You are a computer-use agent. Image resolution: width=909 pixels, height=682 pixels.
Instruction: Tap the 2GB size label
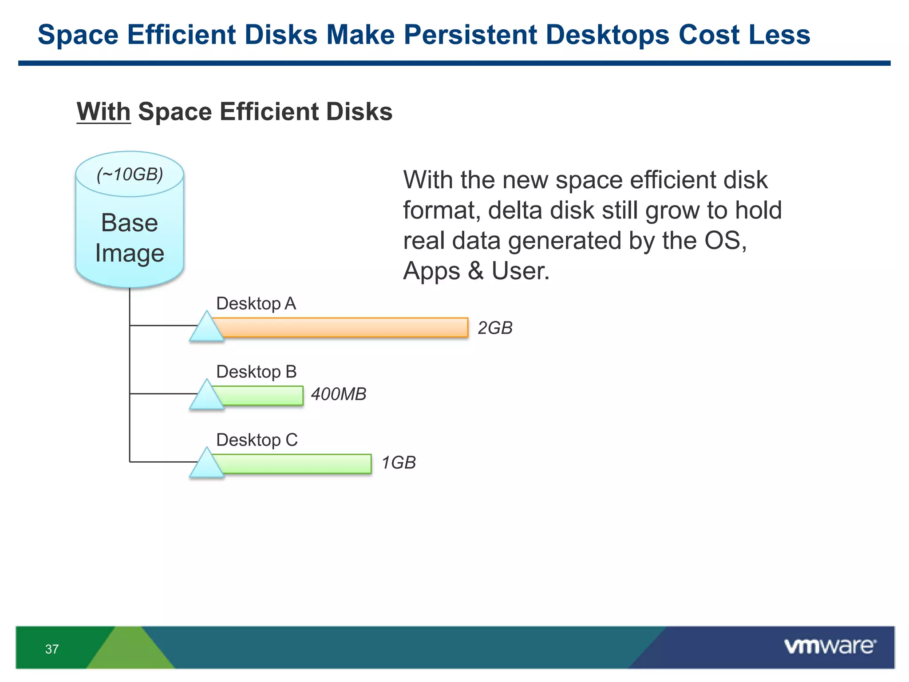[495, 328]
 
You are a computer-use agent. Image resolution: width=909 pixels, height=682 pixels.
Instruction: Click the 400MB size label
[339, 394]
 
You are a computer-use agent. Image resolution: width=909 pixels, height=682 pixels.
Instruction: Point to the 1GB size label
[399, 463]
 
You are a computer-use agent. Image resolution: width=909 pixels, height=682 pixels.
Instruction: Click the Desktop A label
[256, 304]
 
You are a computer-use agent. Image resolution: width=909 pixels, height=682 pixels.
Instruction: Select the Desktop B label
[256, 372]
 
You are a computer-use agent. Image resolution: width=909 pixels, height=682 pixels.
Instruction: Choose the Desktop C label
[257, 440]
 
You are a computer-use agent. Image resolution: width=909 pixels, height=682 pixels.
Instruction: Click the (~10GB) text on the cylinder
[130, 174]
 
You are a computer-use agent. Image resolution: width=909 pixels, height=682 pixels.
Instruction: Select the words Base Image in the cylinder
[130, 238]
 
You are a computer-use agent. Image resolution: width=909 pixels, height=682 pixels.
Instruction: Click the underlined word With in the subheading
[103, 111]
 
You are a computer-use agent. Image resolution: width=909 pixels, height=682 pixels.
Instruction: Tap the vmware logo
[830, 646]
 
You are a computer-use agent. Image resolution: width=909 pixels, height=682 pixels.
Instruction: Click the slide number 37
[52, 649]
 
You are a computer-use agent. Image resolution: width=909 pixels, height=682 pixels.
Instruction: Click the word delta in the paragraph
[515, 210]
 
